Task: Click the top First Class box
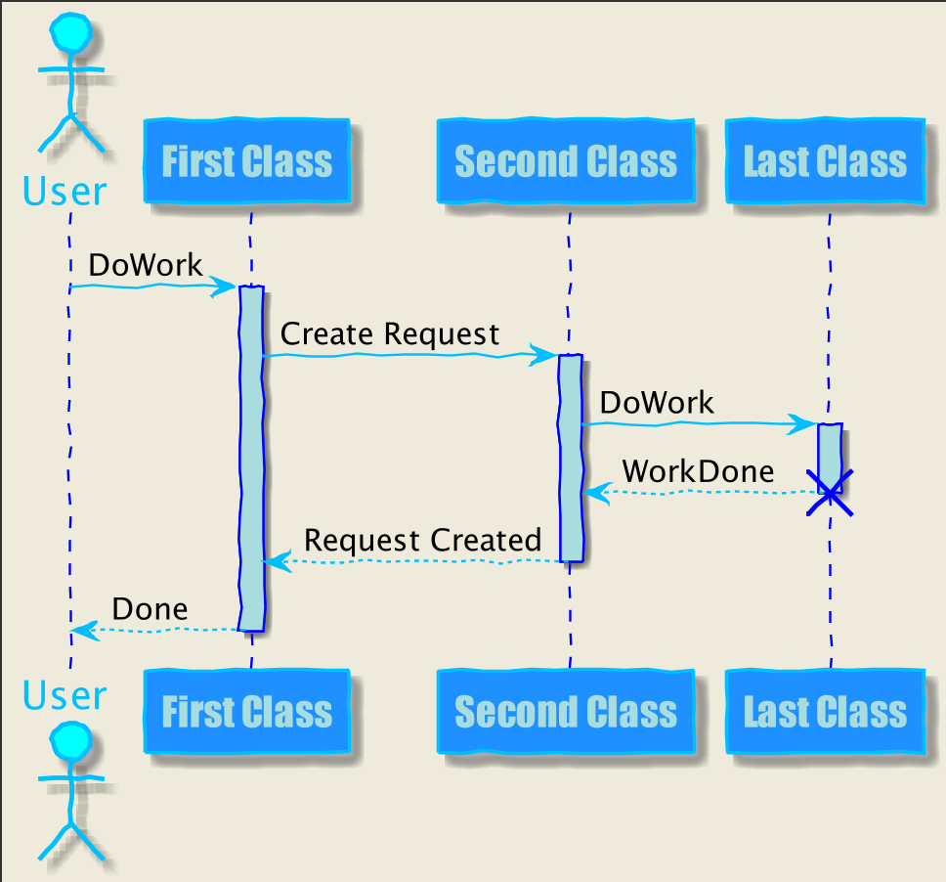pyautogui.click(x=246, y=160)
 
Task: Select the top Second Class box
pyautogui.click(x=566, y=160)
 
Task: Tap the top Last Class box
pyautogui.click(x=826, y=160)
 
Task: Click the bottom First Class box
pyautogui.click(x=246, y=711)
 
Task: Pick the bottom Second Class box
pyautogui.click(x=566, y=711)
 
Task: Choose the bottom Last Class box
pyautogui.click(x=826, y=711)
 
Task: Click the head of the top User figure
pyautogui.click(x=71, y=32)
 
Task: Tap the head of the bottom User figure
pyautogui.click(x=71, y=741)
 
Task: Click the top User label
pyautogui.click(x=64, y=192)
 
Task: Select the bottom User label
pyautogui.click(x=64, y=695)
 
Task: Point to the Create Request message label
pyautogui.click(x=390, y=333)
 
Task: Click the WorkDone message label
pyautogui.click(x=698, y=471)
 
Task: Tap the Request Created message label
pyautogui.click(x=422, y=541)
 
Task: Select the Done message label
pyautogui.click(x=150, y=609)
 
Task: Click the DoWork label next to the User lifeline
pyautogui.click(x=146, y=265)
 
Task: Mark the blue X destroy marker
pyautogui.click(x=830, y=493)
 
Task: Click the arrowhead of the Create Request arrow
pyautogui.click(x=543, y=354)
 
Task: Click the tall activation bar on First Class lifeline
pyautogui.click(x=251, y=459)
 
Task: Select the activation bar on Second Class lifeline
pyautogui.click(x=571, y=459)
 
